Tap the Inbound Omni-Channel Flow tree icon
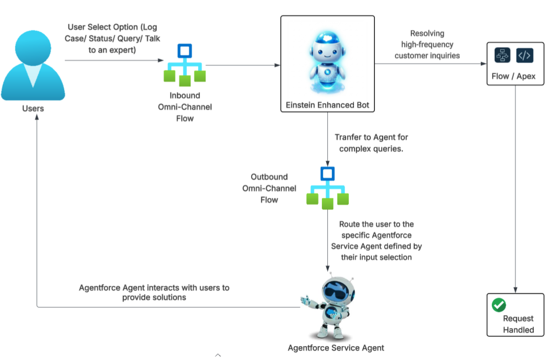click(184, 65)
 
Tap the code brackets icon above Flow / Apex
click(524, 55)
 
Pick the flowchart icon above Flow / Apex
click(502, 55)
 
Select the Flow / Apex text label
click(513, 76)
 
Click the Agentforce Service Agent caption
click(336, 348)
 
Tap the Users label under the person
click(33, 108)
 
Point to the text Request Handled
click(518, 324)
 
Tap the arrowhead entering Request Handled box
click(516, 290)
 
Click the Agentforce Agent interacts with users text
click(154, 292)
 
